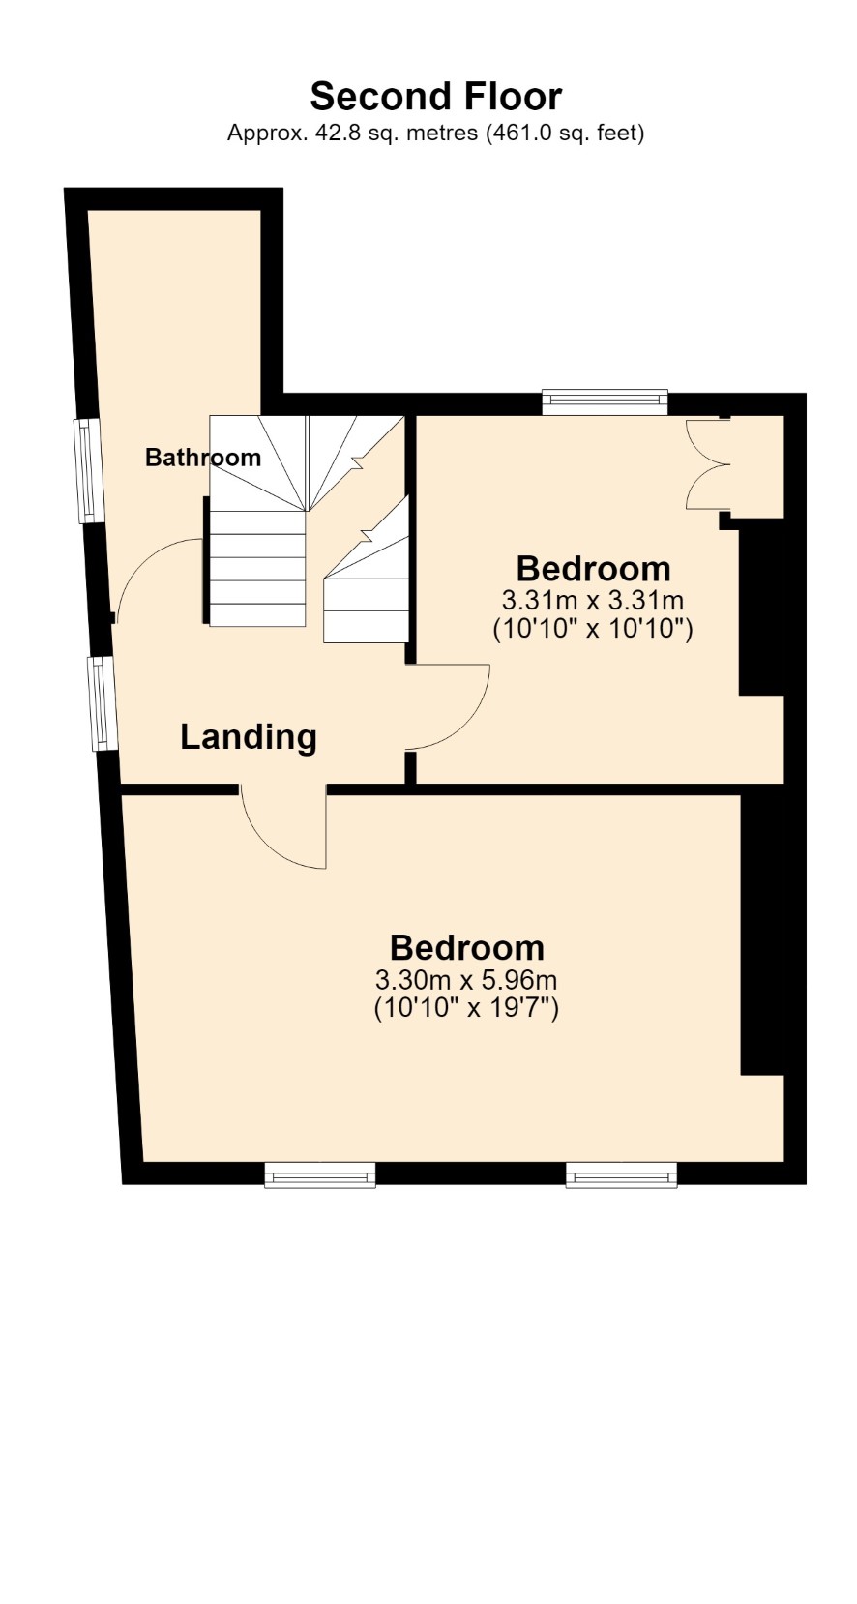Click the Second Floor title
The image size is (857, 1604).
pyautogui.click(x=435, y=97)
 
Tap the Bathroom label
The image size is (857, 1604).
pyautogui.click(x=202, y=457)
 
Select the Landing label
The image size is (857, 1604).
pyautogui.click(x=249, y=737)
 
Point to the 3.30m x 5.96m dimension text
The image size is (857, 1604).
pyautogui.click(x=466, y=978)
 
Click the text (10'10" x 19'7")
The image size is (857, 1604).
pyautogui.click(x=466, y=1008)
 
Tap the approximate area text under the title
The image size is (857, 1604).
pyautogui.click(x=435, y=133)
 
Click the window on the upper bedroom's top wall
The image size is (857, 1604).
pyautogui.click(x=605, y=401)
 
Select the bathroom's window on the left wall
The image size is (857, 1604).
pyautogui.click(x=86, y=470)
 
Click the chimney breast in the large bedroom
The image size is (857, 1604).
pyautogui.click(x=762, y=935)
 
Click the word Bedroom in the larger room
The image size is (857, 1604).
pyautogui.click(x=467, y=948)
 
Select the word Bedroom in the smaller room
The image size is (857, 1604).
pyautogui.click(x=594, y=569)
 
